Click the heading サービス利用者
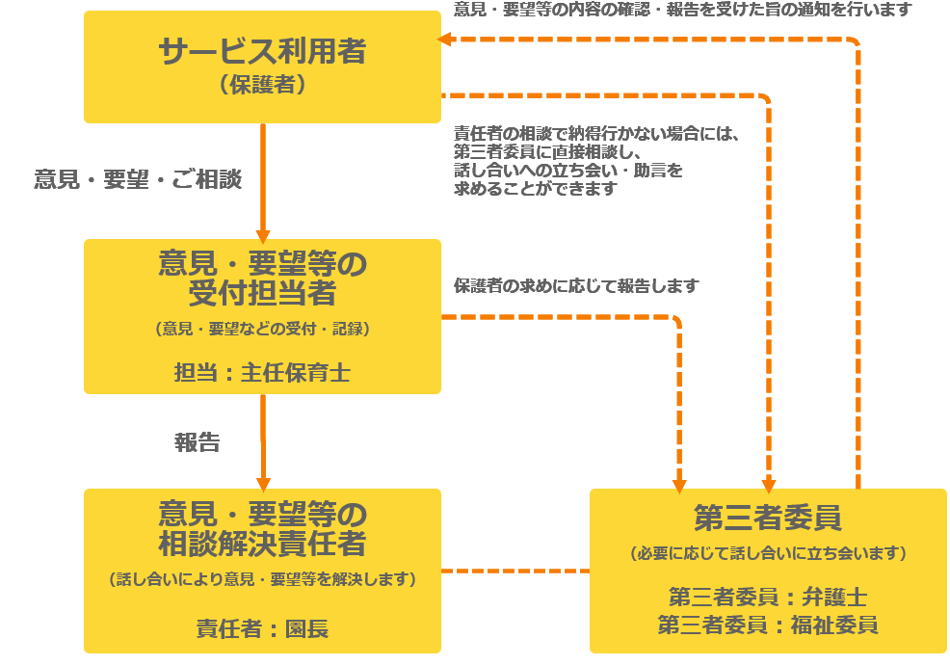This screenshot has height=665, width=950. (x=262, y=50)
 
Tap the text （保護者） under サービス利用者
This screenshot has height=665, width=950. (x=262, y=86)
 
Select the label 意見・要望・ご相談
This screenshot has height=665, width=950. (x=138, y=179)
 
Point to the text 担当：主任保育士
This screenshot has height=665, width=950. (x=262, y=373)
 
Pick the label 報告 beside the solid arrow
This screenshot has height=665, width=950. (x=198, y=442)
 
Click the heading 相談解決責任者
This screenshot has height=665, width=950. (x=262, y=543)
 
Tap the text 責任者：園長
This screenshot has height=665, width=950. (x=262, y=629)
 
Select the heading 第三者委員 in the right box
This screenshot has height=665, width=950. (x=768, y=518)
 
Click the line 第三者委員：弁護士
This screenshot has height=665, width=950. (x=768, y=596)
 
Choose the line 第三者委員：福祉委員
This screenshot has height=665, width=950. (x=768, y=624)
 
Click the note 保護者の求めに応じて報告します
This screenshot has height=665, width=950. (x=576, y=286)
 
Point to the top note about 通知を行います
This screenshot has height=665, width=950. (x=682, y=10)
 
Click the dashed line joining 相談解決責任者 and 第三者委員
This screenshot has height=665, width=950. (x=515, y=571)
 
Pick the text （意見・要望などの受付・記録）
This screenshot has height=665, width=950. (x=262, y=329)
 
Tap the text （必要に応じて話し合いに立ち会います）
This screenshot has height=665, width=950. (x=768, y=554)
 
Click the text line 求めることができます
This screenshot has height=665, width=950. (x=535, y=189)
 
